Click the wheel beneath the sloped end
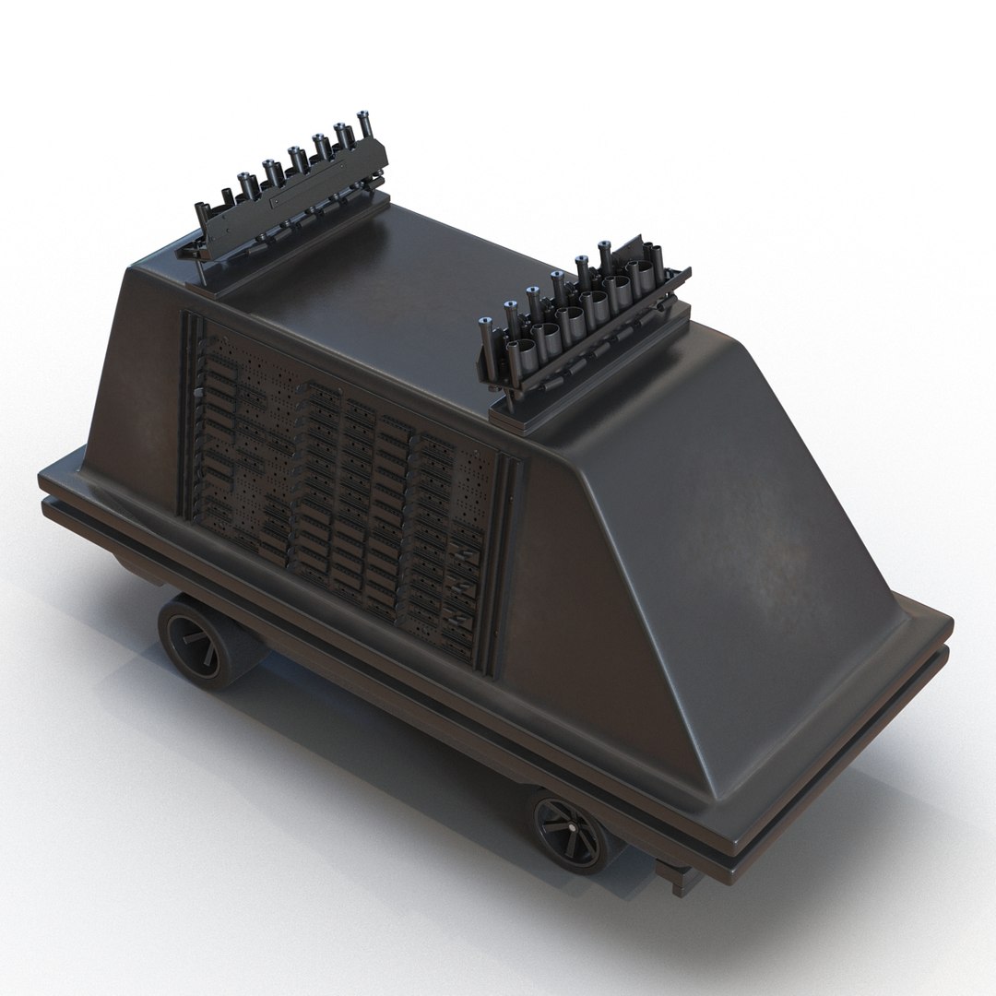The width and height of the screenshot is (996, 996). click(x=569, y=836)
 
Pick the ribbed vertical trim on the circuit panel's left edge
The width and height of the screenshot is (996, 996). click(x=189, y=406)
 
